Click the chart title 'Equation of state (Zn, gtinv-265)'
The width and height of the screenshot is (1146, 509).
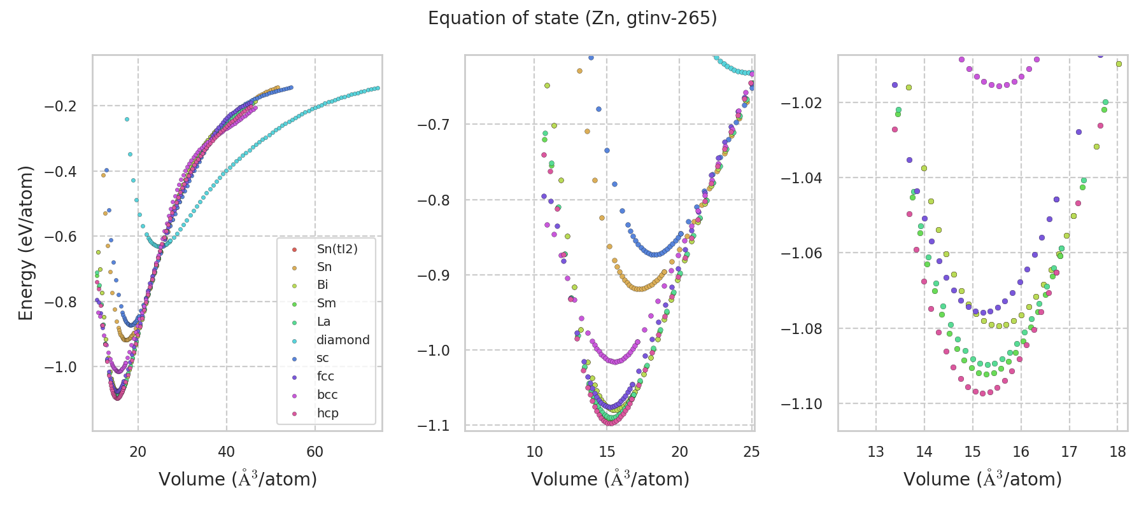(572, 18)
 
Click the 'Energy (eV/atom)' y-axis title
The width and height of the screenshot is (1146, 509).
(25, 243)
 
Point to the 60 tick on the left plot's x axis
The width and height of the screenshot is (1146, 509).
(315, 452)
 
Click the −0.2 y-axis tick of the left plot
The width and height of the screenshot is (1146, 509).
(60, 106)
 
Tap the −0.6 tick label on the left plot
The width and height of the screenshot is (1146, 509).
(60, 237)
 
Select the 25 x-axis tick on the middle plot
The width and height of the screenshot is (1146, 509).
(752, 452)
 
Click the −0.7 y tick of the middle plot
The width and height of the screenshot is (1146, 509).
(433, 124)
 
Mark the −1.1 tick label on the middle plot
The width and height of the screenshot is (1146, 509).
(433, 426)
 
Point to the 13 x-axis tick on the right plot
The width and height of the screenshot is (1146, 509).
(876, 452)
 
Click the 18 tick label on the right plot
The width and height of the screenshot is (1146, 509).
(1117, 452)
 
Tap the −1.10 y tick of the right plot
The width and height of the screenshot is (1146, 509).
(802, 404)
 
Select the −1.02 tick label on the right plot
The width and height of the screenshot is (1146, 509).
(802, 103)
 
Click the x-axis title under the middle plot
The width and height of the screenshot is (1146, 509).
(610, 479)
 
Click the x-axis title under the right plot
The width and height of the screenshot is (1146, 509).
(982, 479)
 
